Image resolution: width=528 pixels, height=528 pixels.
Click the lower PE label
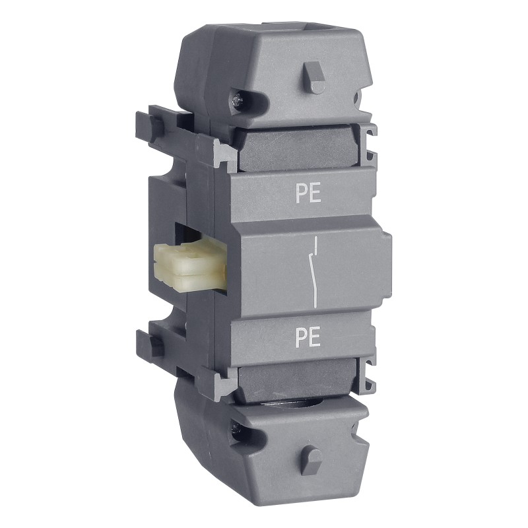pos(308,338)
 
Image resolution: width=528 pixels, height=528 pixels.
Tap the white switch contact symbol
pos(313,272)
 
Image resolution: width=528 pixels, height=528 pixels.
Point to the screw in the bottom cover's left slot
pos(236,428)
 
